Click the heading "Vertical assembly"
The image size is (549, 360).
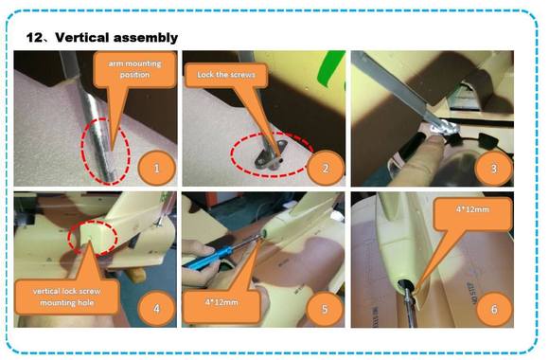click(116, 38)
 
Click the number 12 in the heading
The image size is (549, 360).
click(34, 38)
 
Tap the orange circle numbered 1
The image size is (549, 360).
click(156, 169)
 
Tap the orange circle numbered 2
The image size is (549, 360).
click(326, 169)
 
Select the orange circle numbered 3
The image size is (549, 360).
click(494, 169)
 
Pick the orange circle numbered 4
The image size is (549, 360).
click(156, 309)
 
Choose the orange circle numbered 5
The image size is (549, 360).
click(325, 309)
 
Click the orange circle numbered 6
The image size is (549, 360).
click(494, 309)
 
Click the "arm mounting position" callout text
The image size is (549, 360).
click(134, 69)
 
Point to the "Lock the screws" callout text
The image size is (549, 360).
click(226, 75)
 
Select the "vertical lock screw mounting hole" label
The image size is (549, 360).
click(67, 297)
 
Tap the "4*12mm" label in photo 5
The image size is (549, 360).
click(221, 302)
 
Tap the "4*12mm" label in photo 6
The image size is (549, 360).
click(472, 209)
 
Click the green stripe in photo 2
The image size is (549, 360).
click(330, 67)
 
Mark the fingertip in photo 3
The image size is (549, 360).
click(433, 141)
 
